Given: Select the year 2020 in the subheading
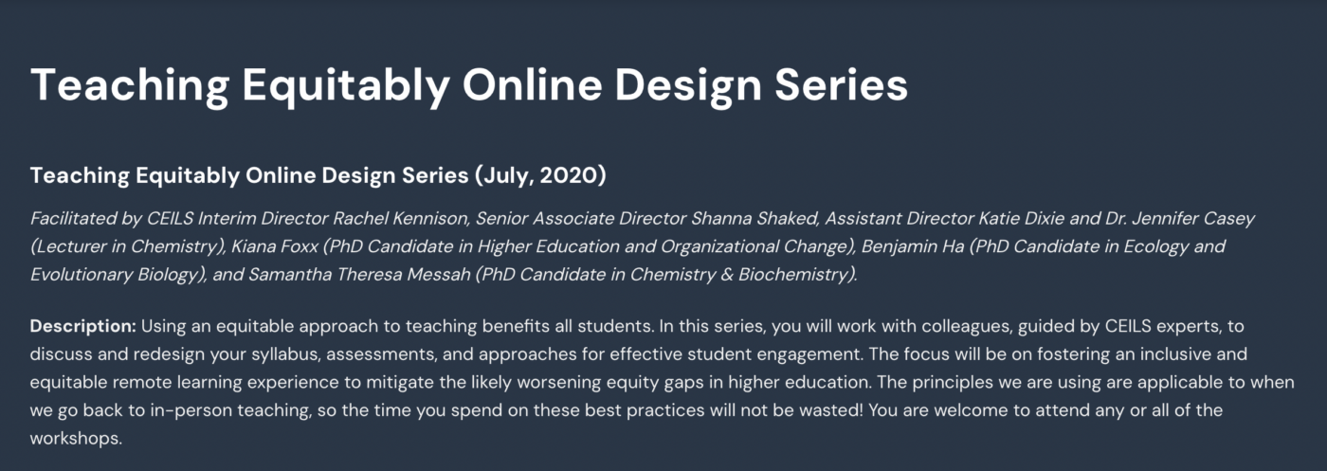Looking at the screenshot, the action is [x=573, y=175].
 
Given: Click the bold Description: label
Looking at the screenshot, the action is [x=83, y=326].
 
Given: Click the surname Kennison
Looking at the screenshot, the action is [x=431, y=219].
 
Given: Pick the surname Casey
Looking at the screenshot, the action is [x=1229, y=219].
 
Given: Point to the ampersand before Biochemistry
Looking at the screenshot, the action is [x=727, y=275].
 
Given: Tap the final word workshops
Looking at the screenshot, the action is [x=76, y=439].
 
